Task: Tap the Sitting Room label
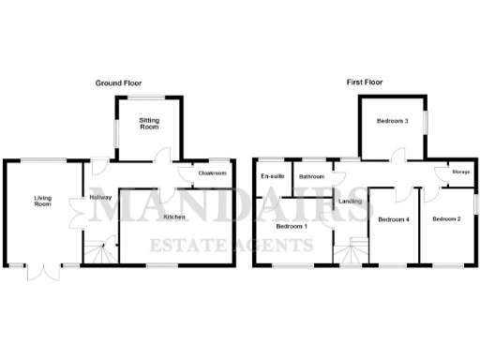(x=150, y=124)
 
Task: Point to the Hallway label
(x=100, y=197)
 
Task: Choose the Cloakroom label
(x=213, y=173)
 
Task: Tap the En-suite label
(x=273, y=176)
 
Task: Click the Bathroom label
(x=311, y=177)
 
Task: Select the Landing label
(x=351, y=202)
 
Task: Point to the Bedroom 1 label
(x=292, y=226)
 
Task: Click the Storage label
(x=460, y=173)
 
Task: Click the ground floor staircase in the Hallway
(x=98, y=250)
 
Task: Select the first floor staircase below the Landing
(x=353, y=251)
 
